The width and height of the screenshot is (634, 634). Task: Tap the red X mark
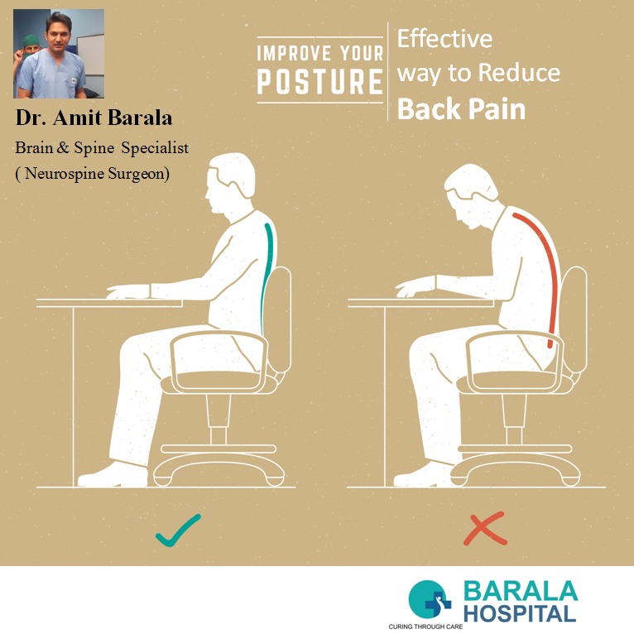[x=485, y=528]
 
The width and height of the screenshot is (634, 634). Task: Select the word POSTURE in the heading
[x=319, y=81]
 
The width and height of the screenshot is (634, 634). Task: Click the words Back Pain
[x=461, y=108]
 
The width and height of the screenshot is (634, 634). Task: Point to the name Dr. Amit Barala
[x=94, y=118]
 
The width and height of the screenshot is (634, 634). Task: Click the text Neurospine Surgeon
[x=95, y=174]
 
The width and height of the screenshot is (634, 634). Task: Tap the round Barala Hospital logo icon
[x=430, y=599]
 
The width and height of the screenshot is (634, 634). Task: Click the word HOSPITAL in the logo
[x=520, y=614]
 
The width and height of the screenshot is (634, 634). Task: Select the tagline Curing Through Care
[x=425, y=627]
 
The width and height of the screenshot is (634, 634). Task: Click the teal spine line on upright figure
[x=267, y=279]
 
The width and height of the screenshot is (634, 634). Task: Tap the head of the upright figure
[x=231, y=183]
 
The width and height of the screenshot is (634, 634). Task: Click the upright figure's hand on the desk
[x=128, y=291]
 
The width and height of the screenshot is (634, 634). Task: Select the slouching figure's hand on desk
[x=415, y=286]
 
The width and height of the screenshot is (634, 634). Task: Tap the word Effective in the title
[x=444, y=39]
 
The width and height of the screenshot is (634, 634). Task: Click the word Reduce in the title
[x=520, y=73]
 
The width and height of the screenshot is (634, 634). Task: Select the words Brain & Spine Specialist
[x=102, y=147]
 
